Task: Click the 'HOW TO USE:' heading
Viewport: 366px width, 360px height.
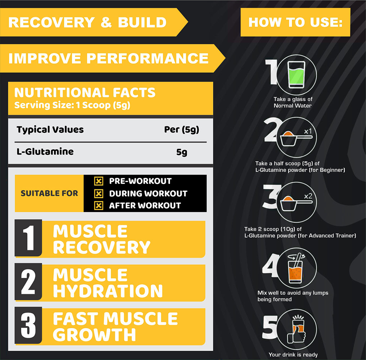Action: (x=295, y=22)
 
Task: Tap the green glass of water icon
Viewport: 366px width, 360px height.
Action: (x=296, y=75)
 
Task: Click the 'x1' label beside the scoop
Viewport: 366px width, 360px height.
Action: (x=308, y=131)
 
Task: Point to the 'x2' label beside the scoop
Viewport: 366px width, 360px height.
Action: (x=308, y=196)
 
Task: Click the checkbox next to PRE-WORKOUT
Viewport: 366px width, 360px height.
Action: (x=98, y=181)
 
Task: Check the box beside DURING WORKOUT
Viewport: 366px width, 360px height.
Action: (x=98, y=193)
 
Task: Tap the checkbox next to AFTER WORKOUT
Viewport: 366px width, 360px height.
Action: (x=98, y=206)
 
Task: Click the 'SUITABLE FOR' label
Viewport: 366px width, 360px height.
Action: (x=49, y=193)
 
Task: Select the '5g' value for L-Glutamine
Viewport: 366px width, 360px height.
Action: (x=182, y=152)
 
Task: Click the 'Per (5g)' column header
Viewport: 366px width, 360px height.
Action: (x=182, y=130)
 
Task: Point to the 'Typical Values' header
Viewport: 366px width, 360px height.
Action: (x=50, y=130)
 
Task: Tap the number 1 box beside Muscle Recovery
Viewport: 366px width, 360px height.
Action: (x=28, y=238)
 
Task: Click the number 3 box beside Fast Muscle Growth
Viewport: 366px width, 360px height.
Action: (x=28, y=325)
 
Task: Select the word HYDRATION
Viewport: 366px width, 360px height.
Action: (x=108, y=291)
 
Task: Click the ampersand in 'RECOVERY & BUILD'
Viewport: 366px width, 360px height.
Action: (x=106, y=22)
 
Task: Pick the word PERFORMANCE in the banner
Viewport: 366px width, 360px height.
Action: (x=148, y=58)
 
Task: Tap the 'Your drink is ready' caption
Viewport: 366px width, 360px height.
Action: (x=293, y=355)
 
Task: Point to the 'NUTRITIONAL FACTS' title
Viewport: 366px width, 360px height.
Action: (x=85, y=93)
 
